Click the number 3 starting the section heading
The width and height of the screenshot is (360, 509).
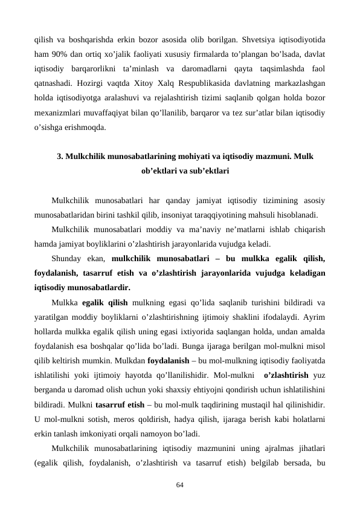pos(59,157)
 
